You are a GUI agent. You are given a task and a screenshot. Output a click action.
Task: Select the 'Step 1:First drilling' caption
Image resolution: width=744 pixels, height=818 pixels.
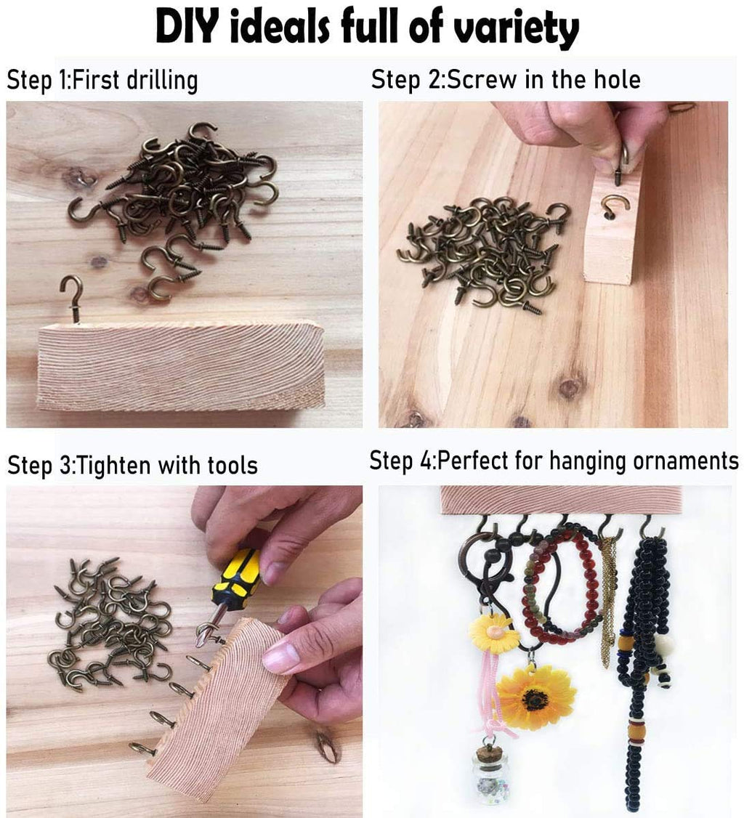102,81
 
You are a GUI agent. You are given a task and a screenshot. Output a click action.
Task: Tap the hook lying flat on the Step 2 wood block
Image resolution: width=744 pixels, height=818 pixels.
615,208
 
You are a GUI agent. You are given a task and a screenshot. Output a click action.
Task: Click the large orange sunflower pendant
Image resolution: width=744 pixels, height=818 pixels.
535,698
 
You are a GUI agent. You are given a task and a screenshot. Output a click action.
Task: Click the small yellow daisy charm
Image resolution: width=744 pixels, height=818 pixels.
493,633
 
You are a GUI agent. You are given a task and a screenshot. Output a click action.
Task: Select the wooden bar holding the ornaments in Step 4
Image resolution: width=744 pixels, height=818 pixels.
561,499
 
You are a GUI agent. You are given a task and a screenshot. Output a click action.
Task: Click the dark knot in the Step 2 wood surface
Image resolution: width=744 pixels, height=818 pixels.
570,387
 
